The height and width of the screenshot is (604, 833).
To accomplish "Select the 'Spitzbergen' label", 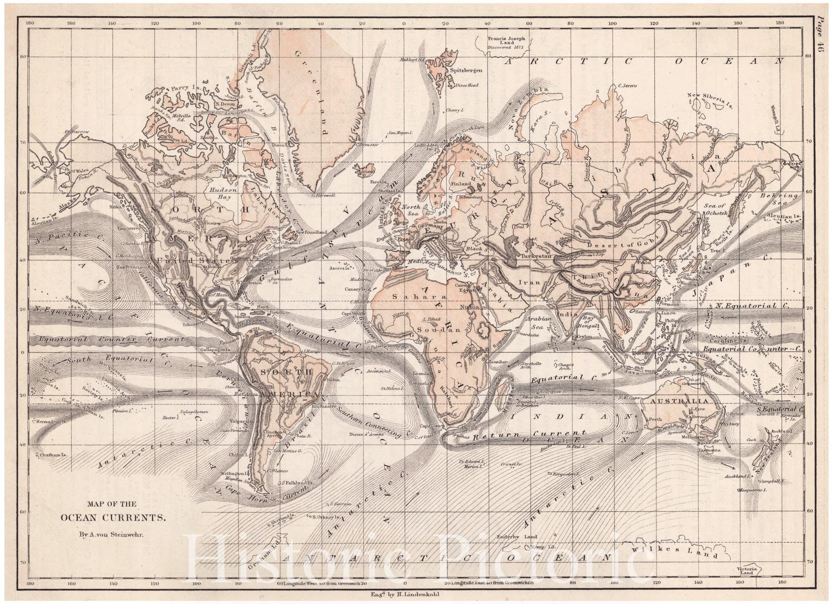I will point(465,69).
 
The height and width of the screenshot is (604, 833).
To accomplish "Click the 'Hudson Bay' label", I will point(223,194).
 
